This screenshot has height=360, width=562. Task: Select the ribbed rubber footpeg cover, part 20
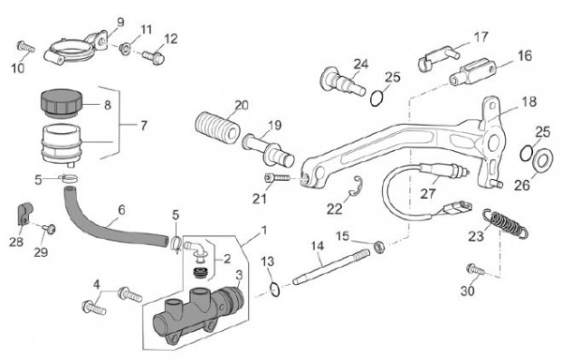[x=218, y=127]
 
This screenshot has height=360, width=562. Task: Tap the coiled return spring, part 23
[x=506, y=223]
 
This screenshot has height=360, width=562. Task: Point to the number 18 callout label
[x=529, y=101]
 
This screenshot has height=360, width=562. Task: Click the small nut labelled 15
[x=379, y=247]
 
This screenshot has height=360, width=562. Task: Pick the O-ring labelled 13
[x=274, y=290]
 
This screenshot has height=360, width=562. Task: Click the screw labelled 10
[x=26, y=47]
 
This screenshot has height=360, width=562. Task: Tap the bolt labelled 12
[x=154, y=57]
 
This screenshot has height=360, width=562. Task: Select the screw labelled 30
[x=475, y=269]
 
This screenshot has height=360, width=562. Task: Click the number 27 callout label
[x=428, y=194]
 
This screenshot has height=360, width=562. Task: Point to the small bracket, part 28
[x=24, y=214]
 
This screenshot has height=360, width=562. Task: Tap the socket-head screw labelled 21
[x=277, y=178]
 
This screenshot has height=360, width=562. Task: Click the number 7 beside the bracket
[x=143, y=126]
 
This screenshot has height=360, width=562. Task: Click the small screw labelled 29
[x=50, y=228]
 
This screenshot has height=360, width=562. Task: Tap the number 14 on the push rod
[x=318, y=246]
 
